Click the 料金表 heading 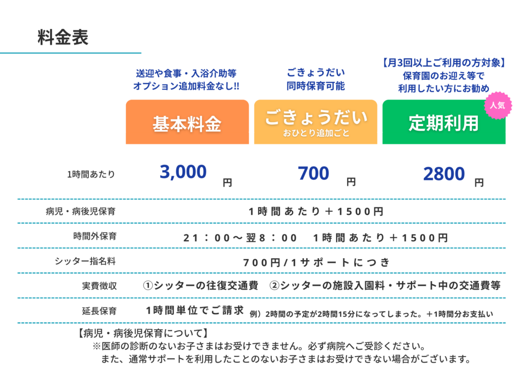(63, 37)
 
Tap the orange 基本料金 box (187, 122)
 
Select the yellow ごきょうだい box (316, 122)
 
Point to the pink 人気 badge (498, 106)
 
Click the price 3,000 (183, 172)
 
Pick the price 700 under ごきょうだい (313, 174)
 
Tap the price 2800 (444, 174)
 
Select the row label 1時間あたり (91, 174)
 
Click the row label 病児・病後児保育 (81, 211)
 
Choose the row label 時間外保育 (95, 236)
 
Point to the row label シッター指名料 (85, 261)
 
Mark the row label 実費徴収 (100, 286)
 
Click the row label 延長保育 (100, 311)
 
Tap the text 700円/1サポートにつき (316, 262)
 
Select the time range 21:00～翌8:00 (240, 238)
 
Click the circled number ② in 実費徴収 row (274, 285)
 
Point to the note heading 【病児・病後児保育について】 (143, 333)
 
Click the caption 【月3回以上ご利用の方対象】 (444, 62)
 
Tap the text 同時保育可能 (316, 86)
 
